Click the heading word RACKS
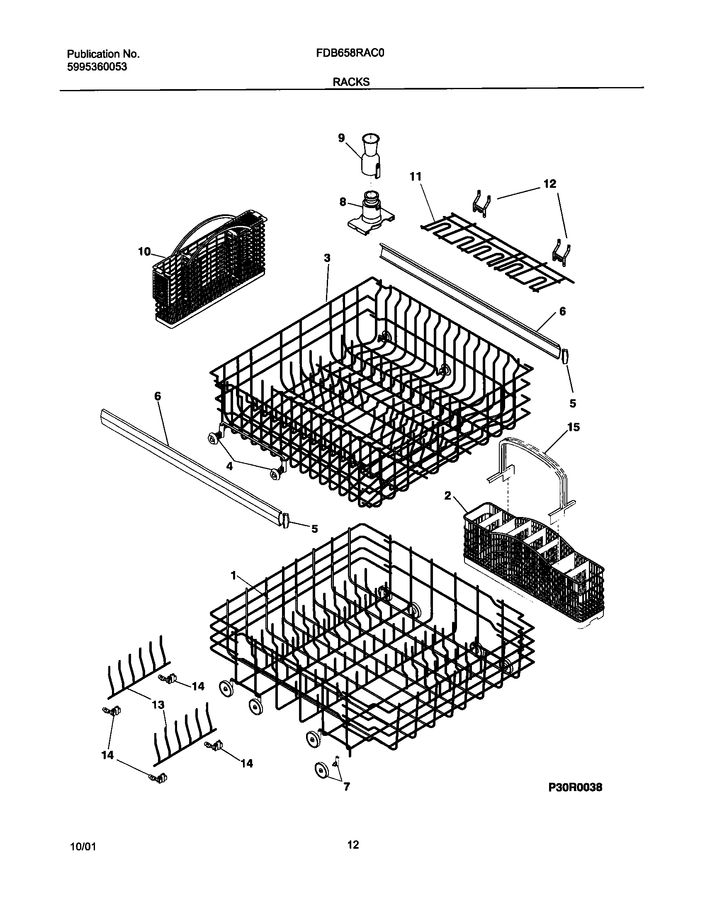click(351, 82)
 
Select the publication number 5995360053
click(97, 67)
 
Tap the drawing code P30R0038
click(575, 799)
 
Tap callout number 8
click(343, 202)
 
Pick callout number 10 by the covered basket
click(144, 252)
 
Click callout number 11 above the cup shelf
click(415, 177)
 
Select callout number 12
click(550, 184)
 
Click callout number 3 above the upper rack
click(327, 258)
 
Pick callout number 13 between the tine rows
click(158, 704)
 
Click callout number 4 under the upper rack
click(229, 466)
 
